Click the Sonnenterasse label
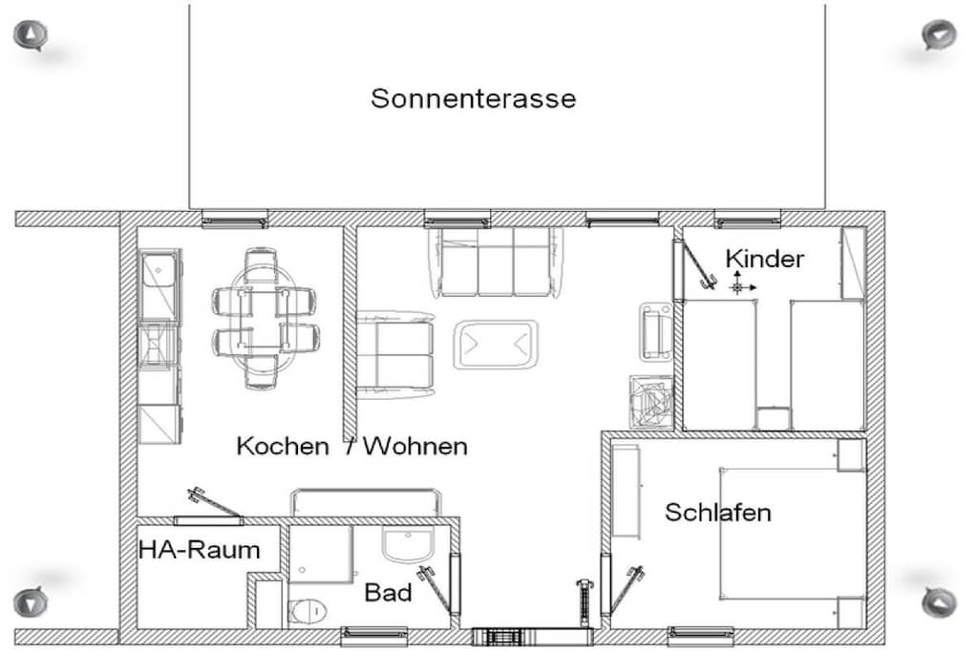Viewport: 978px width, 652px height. click(473, 98)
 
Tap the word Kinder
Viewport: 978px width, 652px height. click(764, 259)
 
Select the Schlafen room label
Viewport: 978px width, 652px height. click(718, 513)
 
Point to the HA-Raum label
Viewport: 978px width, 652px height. click(199, 550)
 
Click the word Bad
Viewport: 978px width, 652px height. click(388, 593)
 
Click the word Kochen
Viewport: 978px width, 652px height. click(283, 447)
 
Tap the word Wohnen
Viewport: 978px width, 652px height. click(415, 447)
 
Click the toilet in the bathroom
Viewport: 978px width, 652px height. click(308, 611)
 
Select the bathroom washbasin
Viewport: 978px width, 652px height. click(407, 544)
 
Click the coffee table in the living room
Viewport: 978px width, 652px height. click(496, 344)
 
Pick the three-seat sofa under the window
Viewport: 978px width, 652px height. click(496, 262)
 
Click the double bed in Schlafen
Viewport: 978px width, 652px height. click(792, 534)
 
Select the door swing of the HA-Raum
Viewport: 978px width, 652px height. click(213, 502)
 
